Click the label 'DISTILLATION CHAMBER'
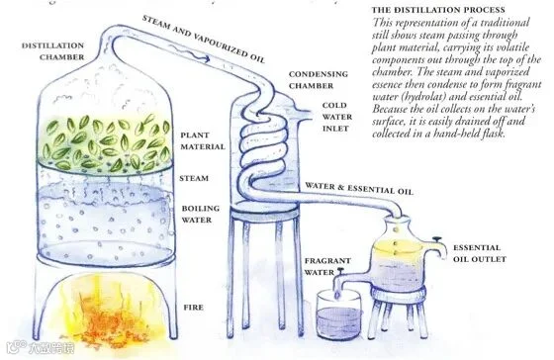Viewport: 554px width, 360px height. coord(53,51)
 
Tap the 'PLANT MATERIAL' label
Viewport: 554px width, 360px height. coord(203,141)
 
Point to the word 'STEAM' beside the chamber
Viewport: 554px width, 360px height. coord(194,178)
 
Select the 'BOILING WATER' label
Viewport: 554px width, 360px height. coord(200,214)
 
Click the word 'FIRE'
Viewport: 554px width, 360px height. coord(193,308)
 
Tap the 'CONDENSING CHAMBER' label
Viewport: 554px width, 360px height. coord(319,80)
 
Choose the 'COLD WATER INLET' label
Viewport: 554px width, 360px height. coord(337,117)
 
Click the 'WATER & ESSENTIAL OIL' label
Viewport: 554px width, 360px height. coord(359,188)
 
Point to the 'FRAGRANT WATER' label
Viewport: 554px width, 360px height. coord(327,266)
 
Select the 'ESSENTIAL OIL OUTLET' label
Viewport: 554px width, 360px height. coord(480,253)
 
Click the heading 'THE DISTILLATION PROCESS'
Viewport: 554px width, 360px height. coord(438,10)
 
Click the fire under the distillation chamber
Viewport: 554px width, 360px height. coord(110,311)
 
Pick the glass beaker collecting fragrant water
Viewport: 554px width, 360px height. coord(339,315)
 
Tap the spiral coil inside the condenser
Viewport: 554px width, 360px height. coord(263,148)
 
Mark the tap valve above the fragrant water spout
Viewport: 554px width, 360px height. coord(341,272)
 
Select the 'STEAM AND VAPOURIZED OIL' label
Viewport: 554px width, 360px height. coord(203,39)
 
